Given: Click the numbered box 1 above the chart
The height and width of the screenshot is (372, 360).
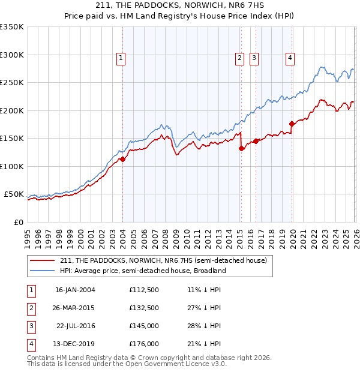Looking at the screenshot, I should tap(121, 58).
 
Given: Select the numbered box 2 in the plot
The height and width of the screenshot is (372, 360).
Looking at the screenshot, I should tap(239, 58).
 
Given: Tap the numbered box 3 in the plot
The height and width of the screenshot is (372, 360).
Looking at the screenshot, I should tap(254, 58).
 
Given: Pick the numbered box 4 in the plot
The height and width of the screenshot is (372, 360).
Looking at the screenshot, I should tap(290, 58).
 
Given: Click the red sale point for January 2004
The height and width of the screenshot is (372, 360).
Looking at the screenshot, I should tap(122, 160).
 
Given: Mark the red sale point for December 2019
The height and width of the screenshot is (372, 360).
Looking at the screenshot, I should tap(292, 124).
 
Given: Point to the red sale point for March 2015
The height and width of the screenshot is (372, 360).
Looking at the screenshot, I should tap(241, 149).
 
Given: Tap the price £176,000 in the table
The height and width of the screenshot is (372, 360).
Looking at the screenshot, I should tap(144, 344).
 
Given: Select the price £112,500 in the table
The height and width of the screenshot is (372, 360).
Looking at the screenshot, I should tap(144, 290).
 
